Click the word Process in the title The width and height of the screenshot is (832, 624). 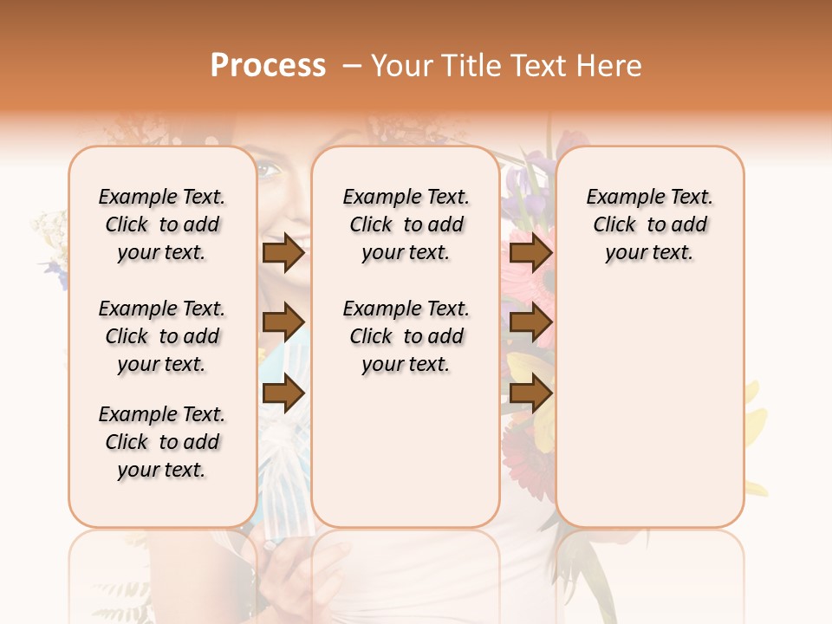(268, 66)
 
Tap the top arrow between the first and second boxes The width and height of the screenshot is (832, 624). (283, 253)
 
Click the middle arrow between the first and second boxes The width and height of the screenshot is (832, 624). (283, 323)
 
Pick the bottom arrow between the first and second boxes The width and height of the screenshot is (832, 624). (283, 393)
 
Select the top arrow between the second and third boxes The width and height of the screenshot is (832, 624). (530, 253)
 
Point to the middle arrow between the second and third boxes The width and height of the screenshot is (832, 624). (530, 323)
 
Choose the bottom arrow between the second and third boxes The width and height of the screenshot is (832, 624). (530, 393)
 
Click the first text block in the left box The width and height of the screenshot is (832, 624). (162, 224)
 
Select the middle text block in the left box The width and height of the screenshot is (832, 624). (162, 336)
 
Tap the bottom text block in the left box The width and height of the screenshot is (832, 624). (162, 442)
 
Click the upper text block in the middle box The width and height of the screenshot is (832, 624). (406, 224)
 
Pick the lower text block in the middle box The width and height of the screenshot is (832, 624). (406, 336)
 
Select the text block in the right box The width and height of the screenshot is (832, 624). (649, 224)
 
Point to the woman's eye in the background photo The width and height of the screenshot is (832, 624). (270, 170)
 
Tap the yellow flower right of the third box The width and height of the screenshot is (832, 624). (755, 425)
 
